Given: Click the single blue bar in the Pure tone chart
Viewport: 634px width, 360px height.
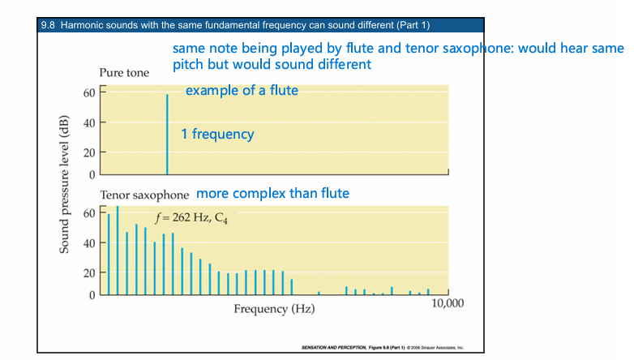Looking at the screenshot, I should coord(167,134).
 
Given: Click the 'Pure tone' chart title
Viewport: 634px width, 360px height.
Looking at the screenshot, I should coord(124,73).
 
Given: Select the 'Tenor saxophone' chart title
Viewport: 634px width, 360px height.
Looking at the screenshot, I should coord(144,195).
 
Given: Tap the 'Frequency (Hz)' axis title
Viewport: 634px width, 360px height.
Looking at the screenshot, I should coord(274,309).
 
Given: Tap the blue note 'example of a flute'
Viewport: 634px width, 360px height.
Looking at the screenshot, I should coord(242,90).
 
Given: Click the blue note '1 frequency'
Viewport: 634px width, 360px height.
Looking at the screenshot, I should coord(217,134).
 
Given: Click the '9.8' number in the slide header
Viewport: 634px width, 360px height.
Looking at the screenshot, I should coord(47,26).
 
